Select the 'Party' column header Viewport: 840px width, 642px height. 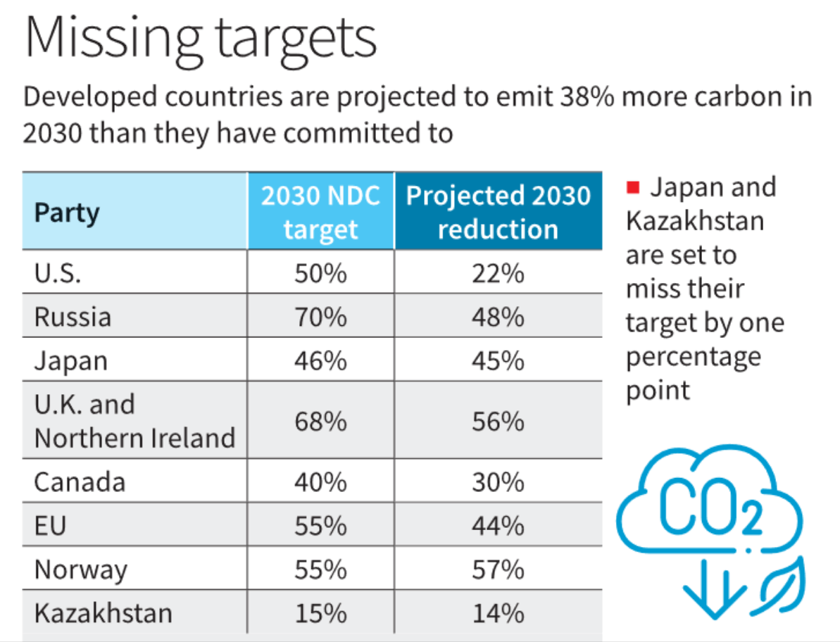(x=68, y=212)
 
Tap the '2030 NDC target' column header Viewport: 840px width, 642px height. (x=320, y=212)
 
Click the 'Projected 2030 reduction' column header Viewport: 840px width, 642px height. (x=498, y=212)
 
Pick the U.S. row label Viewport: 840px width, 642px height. (x=58, y=273)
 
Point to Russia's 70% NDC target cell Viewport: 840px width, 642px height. (x=320, y=317)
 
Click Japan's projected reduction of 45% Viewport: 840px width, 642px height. (x=498, y=360)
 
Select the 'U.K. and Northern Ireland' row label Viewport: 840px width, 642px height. (x=134, y=421)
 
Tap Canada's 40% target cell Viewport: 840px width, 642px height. (x=320, y=482)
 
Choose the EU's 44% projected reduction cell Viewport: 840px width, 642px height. (x=498, y=526)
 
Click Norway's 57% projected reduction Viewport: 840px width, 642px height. (x=498, y=569)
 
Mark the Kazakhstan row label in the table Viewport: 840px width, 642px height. (x=103, y=612)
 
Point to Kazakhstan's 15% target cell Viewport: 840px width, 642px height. (x=320, y=612)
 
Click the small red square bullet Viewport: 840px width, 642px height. (x=632, y=187)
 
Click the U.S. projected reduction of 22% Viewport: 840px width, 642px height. (x=498, y=273)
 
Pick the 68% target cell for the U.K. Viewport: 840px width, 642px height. (x=320, y=421)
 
